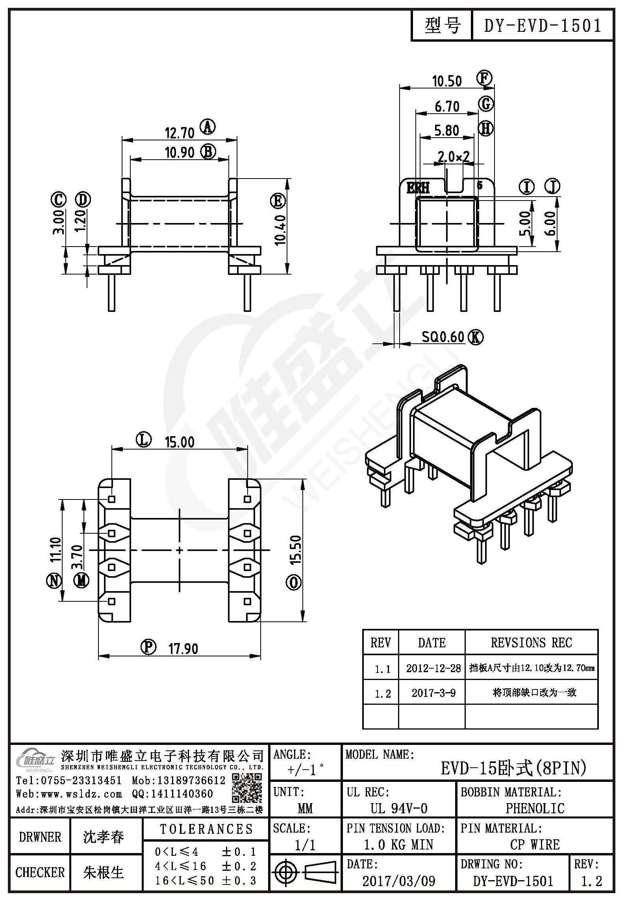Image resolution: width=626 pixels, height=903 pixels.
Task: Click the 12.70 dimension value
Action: point(180,133)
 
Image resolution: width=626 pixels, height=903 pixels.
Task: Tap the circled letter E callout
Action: point(278,201)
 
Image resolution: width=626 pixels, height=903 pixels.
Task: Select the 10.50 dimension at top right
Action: point(447,81)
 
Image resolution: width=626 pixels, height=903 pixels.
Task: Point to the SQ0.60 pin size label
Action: point(443,337)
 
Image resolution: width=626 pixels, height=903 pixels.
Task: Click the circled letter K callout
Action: point(476,337)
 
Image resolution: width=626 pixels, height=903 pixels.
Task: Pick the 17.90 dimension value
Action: point(183,649)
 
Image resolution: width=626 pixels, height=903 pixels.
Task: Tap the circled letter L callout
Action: point(144,439)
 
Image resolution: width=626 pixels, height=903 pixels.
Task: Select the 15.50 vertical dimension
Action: point(295,550)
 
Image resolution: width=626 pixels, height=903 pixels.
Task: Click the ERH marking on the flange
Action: point(418,188)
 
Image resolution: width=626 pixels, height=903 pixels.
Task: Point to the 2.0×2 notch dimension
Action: point(454,157)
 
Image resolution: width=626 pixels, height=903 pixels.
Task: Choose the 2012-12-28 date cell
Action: point(433,668)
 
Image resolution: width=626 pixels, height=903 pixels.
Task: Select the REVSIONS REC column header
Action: point(531,643)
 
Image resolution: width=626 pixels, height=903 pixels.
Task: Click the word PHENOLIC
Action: point(535,805)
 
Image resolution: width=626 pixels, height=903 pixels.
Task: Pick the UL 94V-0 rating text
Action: point(399,805)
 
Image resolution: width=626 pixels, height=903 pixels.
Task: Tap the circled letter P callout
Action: point(148,647)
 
